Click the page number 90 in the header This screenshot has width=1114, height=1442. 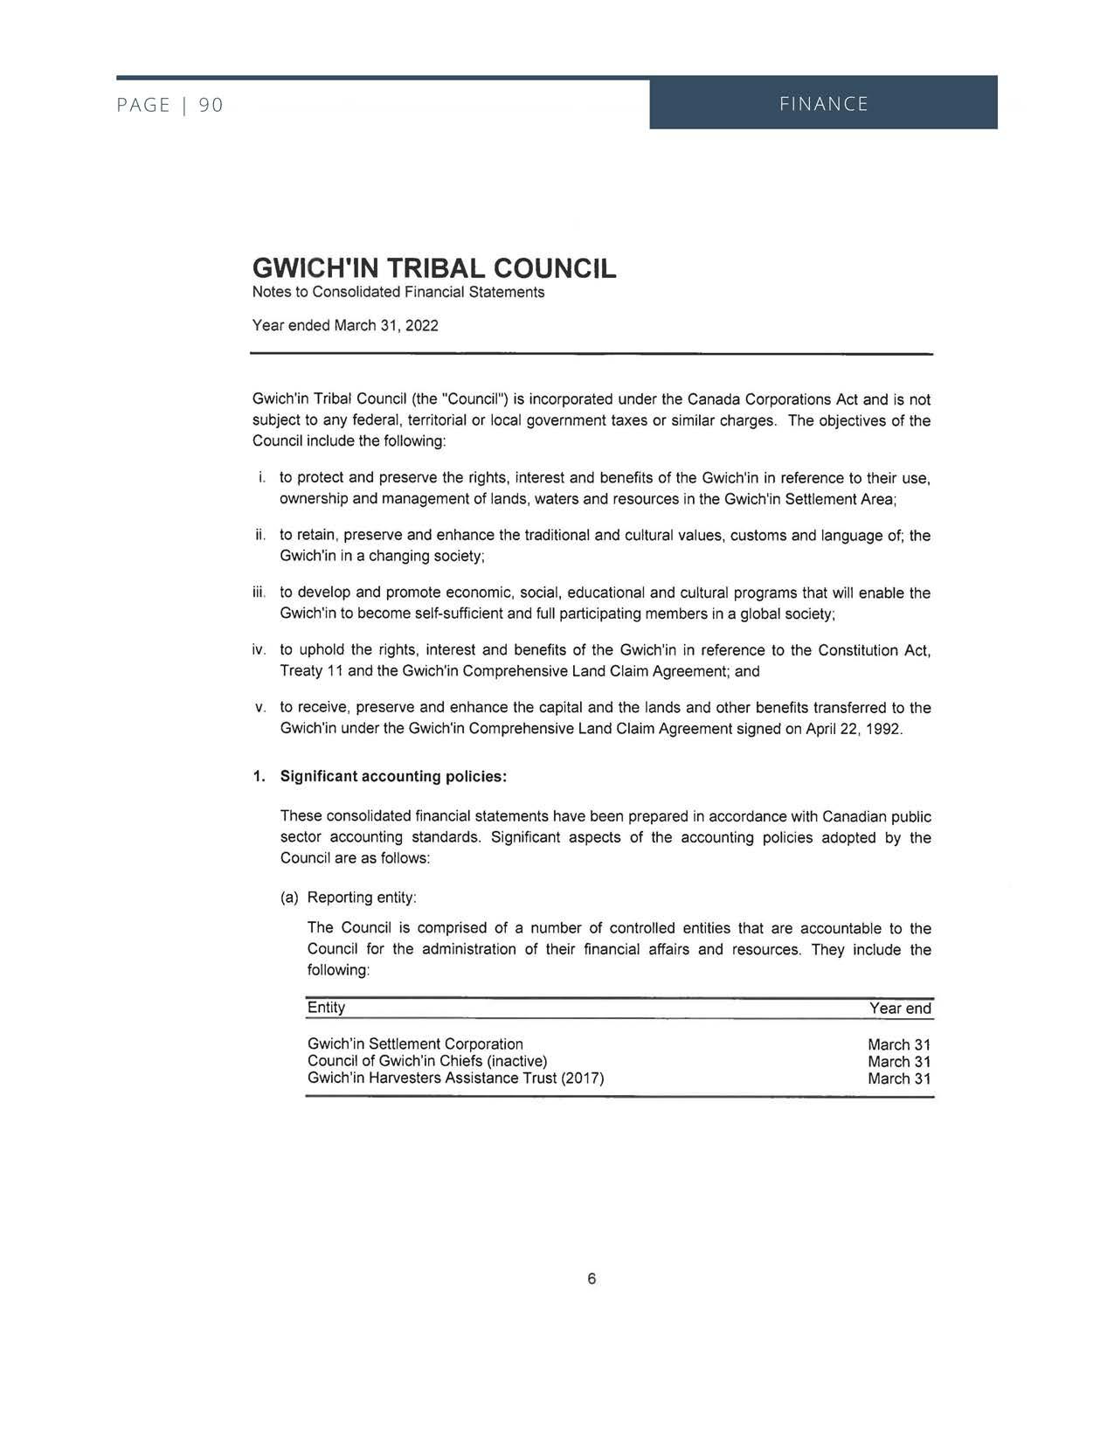[211, 106]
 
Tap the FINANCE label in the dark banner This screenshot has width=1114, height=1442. [823, 105]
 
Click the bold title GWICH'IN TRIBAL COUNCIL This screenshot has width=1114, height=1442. [433, 268]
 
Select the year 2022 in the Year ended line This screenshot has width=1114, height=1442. [422, 326]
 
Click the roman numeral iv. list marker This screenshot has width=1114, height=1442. [259, 650]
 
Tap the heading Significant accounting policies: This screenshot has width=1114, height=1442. [393, 777]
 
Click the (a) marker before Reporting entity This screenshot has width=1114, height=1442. [289, 898]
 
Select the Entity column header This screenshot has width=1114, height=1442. [326, 1008]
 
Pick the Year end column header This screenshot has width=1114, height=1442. [900, 1009]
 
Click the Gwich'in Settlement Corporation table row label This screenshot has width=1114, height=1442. [415, 1044]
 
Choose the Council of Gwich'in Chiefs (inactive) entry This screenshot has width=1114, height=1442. [427, 1061]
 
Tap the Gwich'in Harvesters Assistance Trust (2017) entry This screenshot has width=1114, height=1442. [455, 1078]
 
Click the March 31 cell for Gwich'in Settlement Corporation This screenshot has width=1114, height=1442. [899, 1045]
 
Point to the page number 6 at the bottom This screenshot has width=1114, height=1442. [592, 1279]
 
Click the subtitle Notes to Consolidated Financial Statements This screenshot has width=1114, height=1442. [398, 292]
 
